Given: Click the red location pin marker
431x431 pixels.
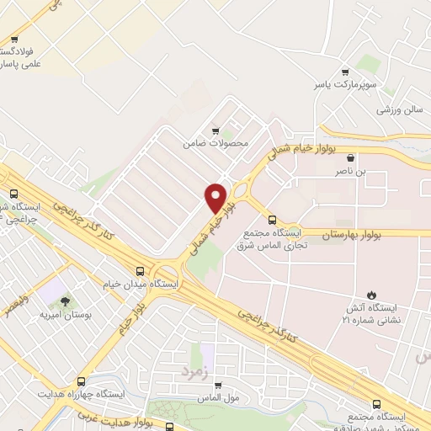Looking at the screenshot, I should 216,197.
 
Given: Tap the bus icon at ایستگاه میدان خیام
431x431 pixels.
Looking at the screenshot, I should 140,271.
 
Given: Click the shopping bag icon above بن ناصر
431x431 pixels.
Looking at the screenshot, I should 350,157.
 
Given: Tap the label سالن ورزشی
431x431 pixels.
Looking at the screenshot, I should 398,109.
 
